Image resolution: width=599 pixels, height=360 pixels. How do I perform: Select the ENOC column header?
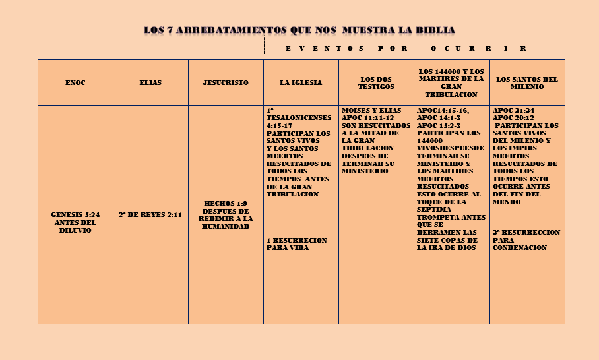point(75,83)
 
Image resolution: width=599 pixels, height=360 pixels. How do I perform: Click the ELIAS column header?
point(150,83)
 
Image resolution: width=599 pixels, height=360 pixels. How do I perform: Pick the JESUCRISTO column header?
point(226,83)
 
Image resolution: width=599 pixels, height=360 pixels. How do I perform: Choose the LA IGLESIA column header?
point(301,83)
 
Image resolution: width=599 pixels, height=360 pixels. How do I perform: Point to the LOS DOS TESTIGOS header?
point(376,83)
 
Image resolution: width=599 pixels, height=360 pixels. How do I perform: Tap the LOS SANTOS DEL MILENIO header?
point(526,83)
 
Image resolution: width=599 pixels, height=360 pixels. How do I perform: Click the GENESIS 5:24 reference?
point(75,215)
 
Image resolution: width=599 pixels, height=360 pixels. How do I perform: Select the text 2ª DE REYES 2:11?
point(150,215)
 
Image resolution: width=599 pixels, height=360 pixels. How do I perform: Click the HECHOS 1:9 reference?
point(226,203)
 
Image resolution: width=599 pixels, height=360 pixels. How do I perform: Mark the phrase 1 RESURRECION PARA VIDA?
point(296,244)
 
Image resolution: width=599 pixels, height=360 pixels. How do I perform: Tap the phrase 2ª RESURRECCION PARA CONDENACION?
point(526,240)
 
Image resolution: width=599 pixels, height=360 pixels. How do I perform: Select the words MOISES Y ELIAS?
point(371,109)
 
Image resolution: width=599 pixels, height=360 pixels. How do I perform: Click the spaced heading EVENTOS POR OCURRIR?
point(406,49)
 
